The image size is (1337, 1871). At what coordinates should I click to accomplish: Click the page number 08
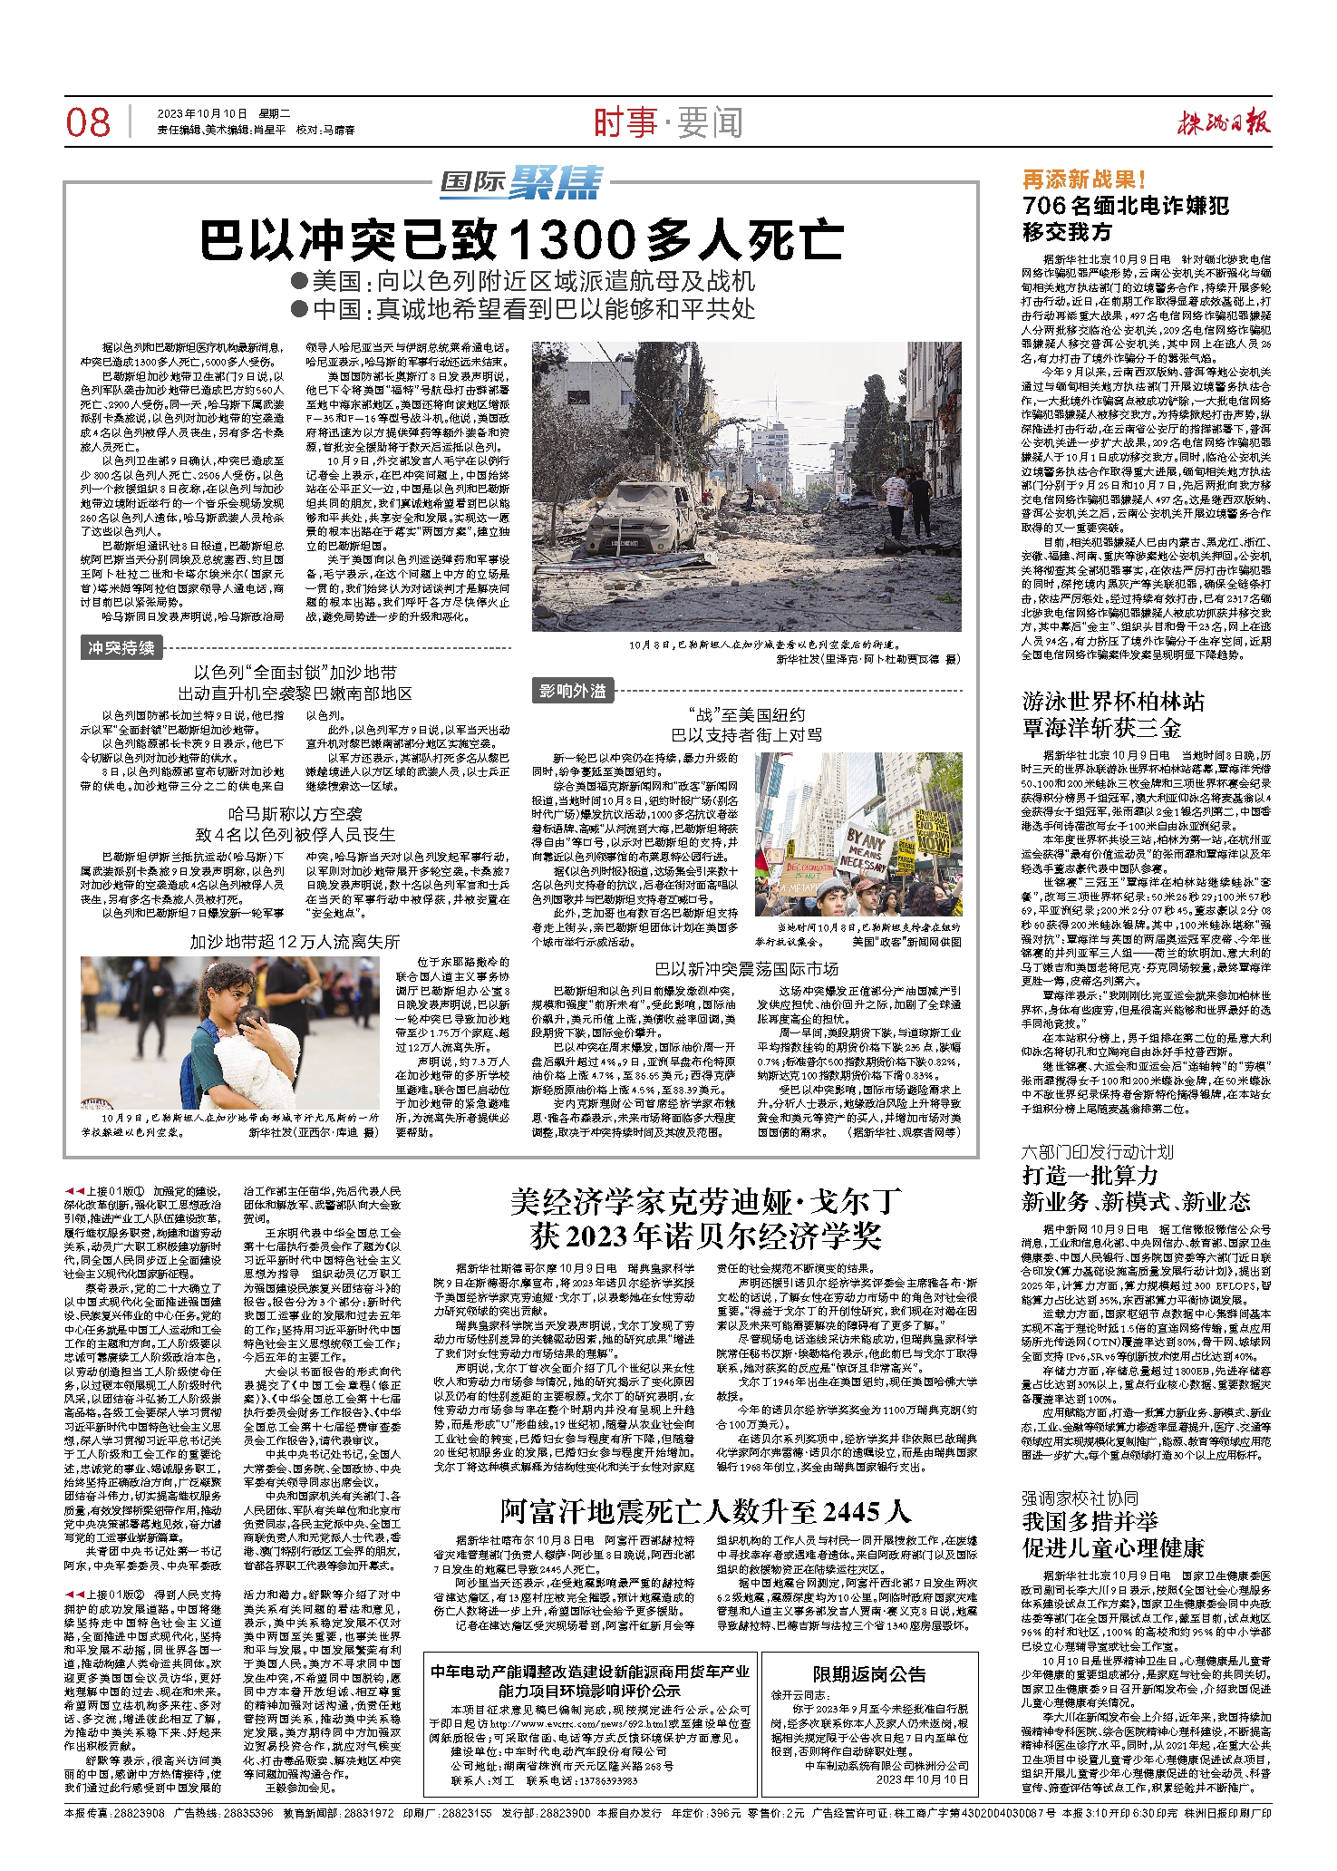88,122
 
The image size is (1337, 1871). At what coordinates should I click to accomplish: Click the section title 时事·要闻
668,122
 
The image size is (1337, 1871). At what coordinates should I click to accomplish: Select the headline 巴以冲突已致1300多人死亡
521,240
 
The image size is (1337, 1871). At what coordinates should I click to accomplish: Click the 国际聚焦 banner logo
521,184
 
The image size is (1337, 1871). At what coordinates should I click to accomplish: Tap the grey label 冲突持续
121,647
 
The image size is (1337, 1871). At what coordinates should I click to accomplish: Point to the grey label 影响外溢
572,692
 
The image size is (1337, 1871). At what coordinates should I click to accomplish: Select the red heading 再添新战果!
1084,179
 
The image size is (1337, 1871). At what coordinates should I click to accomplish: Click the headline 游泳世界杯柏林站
1113,702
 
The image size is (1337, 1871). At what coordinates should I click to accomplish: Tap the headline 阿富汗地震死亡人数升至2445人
705,1511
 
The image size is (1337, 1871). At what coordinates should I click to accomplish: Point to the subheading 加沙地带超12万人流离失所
295,942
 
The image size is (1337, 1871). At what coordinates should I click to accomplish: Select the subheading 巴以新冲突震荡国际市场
747,969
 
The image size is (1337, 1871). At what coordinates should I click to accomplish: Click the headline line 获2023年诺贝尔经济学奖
705,1236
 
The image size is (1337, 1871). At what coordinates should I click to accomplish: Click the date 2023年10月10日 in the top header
202,113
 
